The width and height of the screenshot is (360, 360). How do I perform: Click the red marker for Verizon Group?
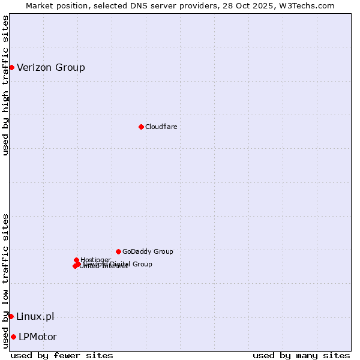point(11,67)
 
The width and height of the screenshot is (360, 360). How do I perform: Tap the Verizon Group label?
point(51,67)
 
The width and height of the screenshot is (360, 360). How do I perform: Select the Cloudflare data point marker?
point(141,127)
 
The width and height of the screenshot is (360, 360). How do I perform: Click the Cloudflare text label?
point(161,127)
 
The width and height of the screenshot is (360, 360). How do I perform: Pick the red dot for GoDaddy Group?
point(118,251)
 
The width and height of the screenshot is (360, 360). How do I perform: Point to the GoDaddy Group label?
point(148,251)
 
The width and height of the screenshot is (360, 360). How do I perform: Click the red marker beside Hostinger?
point(76,260)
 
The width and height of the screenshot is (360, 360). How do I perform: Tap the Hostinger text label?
point(95,260)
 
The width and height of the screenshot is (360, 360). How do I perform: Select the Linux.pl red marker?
point(11,316)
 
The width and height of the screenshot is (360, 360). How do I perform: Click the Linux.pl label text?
point(35,316)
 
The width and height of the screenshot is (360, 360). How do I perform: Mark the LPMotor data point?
point(13,337)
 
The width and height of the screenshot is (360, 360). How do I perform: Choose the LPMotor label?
point(38,337)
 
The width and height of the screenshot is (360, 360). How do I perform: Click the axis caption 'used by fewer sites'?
point(62,355)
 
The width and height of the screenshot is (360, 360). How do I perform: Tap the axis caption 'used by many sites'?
point(301,355)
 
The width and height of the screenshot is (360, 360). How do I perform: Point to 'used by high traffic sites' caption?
point(5,85)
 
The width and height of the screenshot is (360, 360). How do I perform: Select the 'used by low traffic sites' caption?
point(5,281)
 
